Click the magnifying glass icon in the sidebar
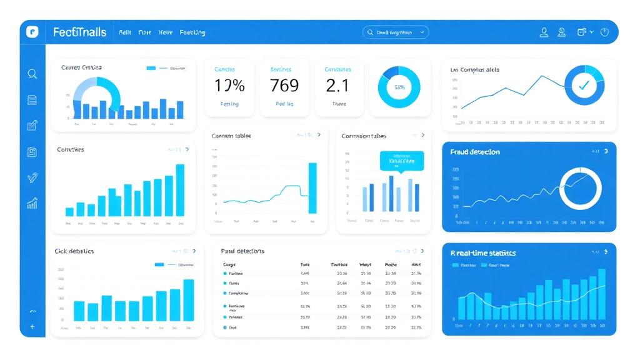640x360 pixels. coord(32,74)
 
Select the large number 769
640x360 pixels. coord(284,85)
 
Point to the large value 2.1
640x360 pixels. coord(337,85)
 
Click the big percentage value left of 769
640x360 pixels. coord(229,85)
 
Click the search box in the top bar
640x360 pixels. coord(396,32)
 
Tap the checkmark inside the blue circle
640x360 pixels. coord(584,86)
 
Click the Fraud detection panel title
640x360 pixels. coord(475,152)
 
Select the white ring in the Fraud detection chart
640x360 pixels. coord(580,188)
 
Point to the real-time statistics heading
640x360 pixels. coord(483,253)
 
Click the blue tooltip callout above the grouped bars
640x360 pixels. coord(401,161)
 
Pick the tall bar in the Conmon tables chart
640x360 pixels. coord(312,188)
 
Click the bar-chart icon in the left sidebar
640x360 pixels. coord(32,203)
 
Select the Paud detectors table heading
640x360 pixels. coord(242,251)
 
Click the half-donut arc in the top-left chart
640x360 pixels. coord(97,94)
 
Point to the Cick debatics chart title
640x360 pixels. coord(74,251)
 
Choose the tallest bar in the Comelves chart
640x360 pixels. coord(180,190)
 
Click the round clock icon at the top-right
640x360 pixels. coord(604,32)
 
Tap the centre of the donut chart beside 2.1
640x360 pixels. coord(399,87)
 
